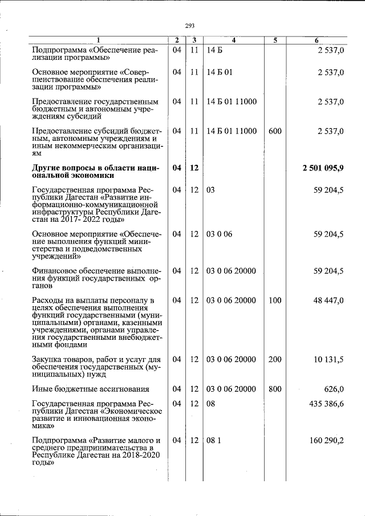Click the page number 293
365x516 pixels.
click(190, 25)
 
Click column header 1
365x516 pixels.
click(98, 40)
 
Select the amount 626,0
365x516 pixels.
click(333, 389)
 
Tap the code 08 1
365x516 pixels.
click(213, 440)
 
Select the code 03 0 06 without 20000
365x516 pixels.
click(219, 234)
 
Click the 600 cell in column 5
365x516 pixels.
click(274, 131)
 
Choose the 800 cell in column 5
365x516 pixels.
click(274, 389)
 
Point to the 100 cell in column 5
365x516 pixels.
click(274, 300)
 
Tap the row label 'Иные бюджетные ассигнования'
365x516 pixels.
click(91, 389)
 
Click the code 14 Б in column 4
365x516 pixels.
click(214, 50)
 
